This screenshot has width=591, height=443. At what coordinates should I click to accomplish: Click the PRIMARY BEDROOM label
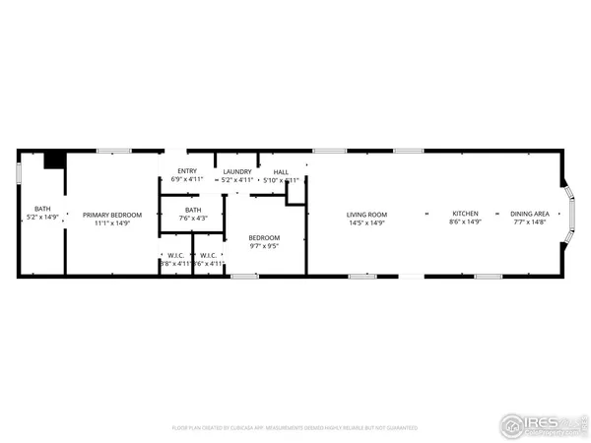[x=112, y=215]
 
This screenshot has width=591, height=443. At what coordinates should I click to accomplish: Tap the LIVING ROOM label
[x=366, y=215]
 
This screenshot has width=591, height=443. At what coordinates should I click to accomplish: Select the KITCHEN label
[x=465, y=214]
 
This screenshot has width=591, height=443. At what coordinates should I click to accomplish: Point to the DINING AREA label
[x=529, y=214]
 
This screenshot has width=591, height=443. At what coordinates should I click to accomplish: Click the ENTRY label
[x=186, y=171]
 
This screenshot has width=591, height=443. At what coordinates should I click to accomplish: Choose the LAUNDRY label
[x=237, y=171]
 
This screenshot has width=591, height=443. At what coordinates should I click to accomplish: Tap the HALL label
[x=281, y=171]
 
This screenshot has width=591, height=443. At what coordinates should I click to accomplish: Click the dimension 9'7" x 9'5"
[x=264, y=246]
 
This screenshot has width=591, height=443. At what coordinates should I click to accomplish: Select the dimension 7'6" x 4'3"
[x=193, y=218]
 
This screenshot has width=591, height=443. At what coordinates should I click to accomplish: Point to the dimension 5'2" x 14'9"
[x=43, y=217]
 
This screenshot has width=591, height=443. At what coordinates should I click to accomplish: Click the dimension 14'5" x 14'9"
[x=366, y=222]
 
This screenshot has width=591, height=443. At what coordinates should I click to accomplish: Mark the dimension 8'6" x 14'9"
[x=465, y=222]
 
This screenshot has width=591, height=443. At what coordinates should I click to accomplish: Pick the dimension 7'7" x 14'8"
[x=529, y=222]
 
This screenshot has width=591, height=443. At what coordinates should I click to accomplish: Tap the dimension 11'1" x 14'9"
[x=112, y=223]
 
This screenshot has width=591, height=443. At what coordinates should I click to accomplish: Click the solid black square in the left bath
[x=55, y=159]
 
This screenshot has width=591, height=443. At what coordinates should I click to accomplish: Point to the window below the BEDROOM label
[x=244, y=276]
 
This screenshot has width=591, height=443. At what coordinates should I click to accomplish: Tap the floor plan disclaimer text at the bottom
[x=295, y=428]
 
